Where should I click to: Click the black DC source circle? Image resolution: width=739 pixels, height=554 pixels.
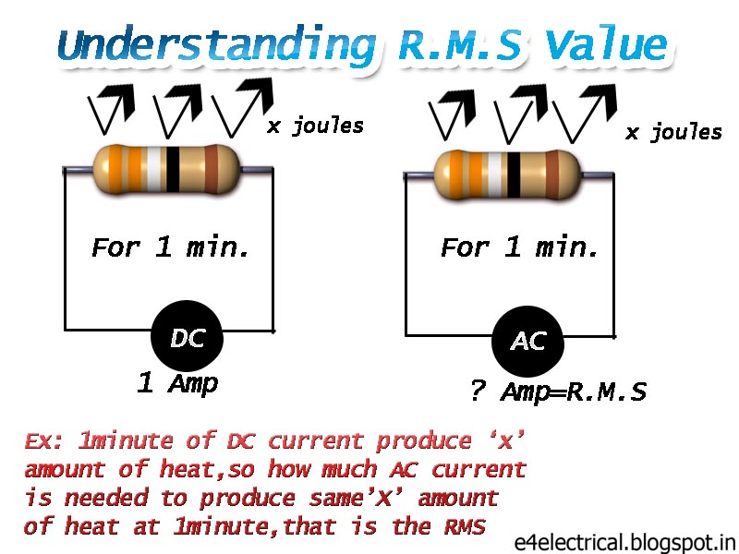point(188,337)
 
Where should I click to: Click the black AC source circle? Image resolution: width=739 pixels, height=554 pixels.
point(527,340)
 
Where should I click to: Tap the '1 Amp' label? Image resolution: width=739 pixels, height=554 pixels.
point(177,383)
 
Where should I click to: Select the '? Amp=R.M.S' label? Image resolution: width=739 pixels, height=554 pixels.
point(557,391)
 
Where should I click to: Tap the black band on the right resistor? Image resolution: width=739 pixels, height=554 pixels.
point(514,171)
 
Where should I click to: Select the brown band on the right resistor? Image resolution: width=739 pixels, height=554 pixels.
point(552,171)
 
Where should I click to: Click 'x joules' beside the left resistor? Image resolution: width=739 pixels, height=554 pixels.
point(315,126)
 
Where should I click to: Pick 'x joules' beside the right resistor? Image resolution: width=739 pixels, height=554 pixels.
point(673,132)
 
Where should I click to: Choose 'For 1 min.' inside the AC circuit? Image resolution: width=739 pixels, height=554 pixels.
point(520,247)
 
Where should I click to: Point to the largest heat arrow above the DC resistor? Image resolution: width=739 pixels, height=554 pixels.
point(244,106)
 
